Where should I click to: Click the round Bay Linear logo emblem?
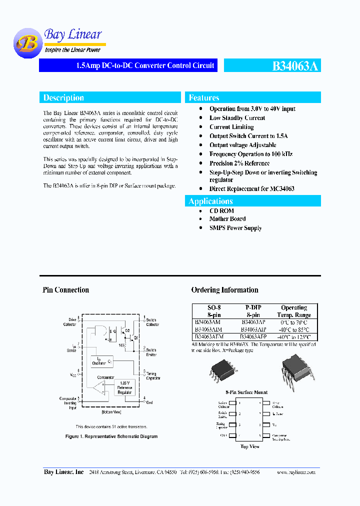[27, 43]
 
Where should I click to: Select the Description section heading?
[63, 97]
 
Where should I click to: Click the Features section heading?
[204, 97]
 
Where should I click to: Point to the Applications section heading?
[211, 201]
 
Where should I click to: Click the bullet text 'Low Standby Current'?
[237, 118]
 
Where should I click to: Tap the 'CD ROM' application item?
[221, 211]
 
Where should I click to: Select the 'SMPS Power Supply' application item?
[235, 228]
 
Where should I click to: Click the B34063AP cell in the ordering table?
[253, 322]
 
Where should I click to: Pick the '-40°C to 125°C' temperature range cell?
[294, 337]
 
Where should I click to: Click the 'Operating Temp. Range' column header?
[294, 311]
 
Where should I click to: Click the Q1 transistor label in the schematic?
[135, 338]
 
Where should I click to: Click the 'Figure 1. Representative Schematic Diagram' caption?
[111, 436]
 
